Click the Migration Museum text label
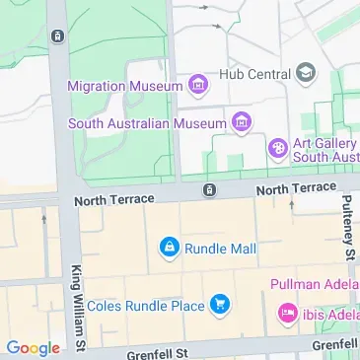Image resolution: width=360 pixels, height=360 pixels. pyautogui.click(x=124, y=86)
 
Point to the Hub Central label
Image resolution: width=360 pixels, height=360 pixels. pyautogui.click(x=254, y=73)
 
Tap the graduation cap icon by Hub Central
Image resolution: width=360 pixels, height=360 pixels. pyautogui.click(x=306, y=73)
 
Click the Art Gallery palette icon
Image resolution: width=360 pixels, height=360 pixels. pyautogui.click(x=278, y=149)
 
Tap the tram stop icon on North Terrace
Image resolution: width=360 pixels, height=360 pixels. pyautogui.click(x=209, y=188)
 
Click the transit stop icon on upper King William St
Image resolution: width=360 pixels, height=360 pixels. pyautogui.click(x=58, y=37)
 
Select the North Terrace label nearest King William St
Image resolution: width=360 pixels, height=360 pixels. pyautogui.click(x=114, y=199)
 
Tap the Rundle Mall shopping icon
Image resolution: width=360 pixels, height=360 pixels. pyautogui.click(x=169, y=246)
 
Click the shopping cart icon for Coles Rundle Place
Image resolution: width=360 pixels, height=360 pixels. pyautogui.click(x=220, y=306)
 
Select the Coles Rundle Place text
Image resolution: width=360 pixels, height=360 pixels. pyautogui.click(x=145, y=306)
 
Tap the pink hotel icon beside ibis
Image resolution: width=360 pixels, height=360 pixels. pyautogui.click(x=288, y=314)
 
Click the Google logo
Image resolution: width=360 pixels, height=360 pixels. pyautogui.click(x=33, y=347)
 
